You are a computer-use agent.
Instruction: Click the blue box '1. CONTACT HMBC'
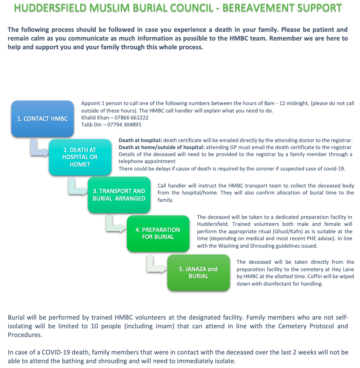click(42, 118)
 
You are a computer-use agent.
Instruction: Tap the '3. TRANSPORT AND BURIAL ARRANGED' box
click(119, 194)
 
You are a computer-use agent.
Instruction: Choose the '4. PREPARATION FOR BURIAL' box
click(158, 233)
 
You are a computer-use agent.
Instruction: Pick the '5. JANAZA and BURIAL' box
click(198, 273)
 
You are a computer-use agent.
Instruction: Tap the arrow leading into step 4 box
click(117, 226)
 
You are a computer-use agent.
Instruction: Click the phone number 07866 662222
click(131, 118)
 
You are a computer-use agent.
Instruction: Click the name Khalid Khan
click(94, 118)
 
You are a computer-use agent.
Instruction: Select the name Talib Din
click(91, 125)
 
